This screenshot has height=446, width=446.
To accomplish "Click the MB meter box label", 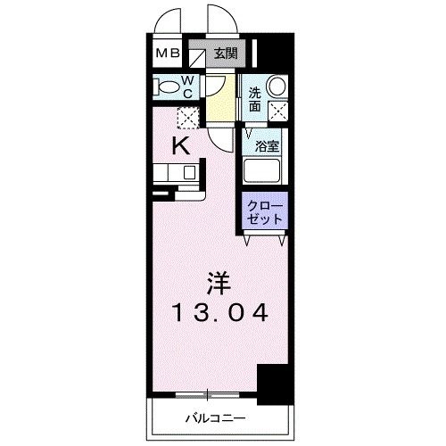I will [169, 54].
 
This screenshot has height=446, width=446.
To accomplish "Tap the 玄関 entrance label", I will [225, 54].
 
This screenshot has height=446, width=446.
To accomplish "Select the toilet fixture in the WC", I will [166, 87].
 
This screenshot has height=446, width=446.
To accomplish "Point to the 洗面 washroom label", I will [255, 99].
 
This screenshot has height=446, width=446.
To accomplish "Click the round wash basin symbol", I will [277, 87].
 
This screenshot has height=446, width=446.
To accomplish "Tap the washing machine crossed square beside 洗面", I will [278, 111].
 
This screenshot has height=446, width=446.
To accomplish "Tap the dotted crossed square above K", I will [186, 117].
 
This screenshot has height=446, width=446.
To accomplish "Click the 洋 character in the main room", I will [219, 285].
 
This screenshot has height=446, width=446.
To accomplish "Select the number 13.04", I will [220, 314].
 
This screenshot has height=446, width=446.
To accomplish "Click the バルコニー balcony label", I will [214, 417].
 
